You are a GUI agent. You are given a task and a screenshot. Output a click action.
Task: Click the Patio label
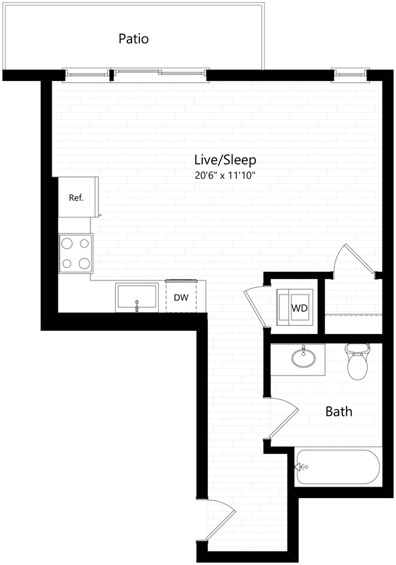pyautogui.click(x=133, y=39)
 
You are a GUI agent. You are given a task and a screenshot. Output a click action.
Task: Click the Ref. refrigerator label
pyautogui.click(x=76, y=197)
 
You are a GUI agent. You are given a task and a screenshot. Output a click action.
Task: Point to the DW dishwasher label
pyautogui.click(x=181, y=298)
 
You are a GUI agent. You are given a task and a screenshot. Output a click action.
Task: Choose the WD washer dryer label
pyautogui.click(x=298, y=309)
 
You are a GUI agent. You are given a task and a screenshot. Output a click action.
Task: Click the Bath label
pyautogui.click(x=338, y=411)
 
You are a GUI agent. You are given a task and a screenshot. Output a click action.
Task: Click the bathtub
pyautogui.click(x=338, y=467)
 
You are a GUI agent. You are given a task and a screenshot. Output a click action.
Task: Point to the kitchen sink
pyautogui.click(x=137, y=297)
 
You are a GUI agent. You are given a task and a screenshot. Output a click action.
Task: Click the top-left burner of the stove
pyautogui.click(x=68, y=244)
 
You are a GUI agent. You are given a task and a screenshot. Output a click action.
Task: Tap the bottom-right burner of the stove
pyautogui.click(x=84, y=263)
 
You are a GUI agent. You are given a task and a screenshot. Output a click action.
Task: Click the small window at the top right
pyautogui.click(x=350, y=72)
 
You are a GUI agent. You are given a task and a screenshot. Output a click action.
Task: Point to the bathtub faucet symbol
pyautogui.click(x=298, y=467)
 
